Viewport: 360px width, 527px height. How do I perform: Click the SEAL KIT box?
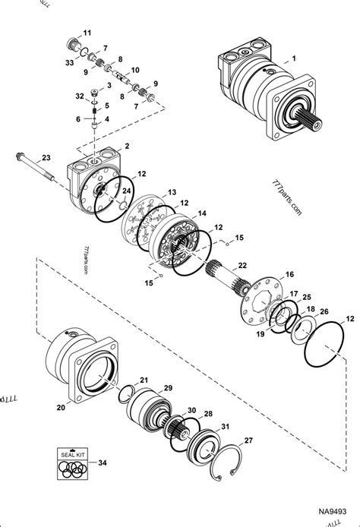tap(73, 465)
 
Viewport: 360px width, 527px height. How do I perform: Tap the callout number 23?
tap(46, 158)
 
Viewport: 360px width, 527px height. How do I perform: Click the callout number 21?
tap(166, 380)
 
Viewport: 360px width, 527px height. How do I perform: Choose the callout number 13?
tap(172, 192)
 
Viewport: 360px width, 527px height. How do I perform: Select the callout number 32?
tap(80, 96)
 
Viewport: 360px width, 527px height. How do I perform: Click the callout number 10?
tap(135, 70)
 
